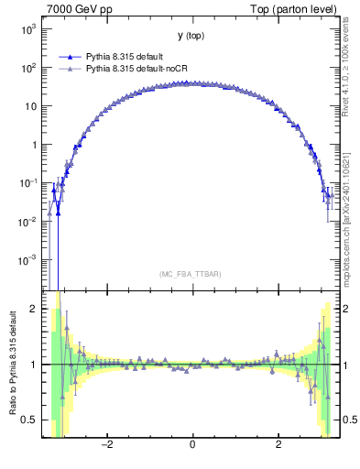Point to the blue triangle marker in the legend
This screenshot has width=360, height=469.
(x=70, y=57)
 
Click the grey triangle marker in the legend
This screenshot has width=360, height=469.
(x=70, y=69)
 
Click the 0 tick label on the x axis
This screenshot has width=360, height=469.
(x=191, y=444)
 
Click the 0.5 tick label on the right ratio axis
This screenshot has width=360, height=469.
(x=351, y=420)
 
